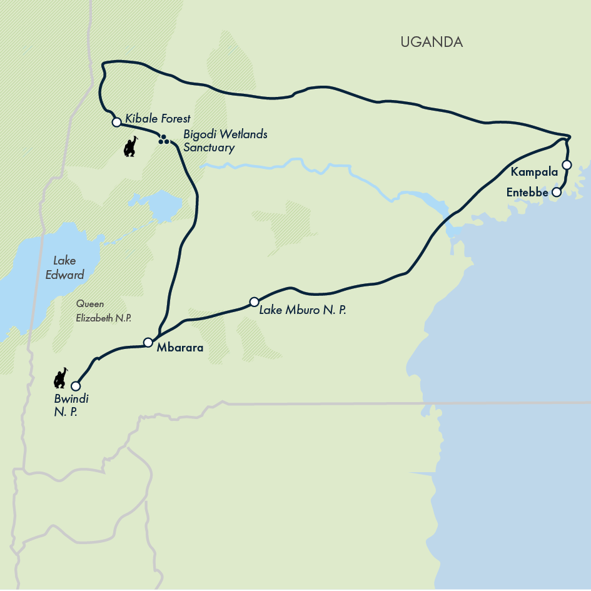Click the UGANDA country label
pos(432,43)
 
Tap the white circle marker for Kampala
pos(567,165)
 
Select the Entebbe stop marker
pos(557,193)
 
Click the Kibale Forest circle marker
pos(116,122)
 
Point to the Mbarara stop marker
pos(148,342)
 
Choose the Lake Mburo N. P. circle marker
pos(254,301)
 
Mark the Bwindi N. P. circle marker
pos(76,386)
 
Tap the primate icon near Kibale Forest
pos(130,147)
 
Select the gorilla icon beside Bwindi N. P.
pos(61,378)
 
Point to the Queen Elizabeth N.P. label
pos(104,310)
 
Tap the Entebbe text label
pos(527,193)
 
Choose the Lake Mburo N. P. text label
pos(302,308)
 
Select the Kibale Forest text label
pos(158,118)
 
